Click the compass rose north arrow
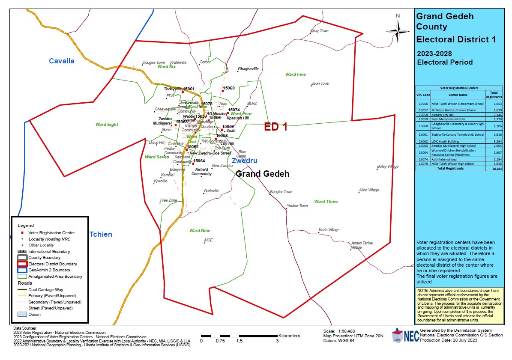point(398,29)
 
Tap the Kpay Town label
point(319,31)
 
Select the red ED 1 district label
point(275,126)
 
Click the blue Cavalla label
point(61,61)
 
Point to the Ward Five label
point(295,74)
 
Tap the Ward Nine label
point(200,231)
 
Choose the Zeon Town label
point(320,83)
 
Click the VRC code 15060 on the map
point(228,88)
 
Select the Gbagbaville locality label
point(249,69)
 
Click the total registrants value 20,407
point(494,169)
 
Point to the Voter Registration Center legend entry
point(51,233)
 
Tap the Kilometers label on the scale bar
point(289,336)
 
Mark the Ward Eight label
point(106,125)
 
